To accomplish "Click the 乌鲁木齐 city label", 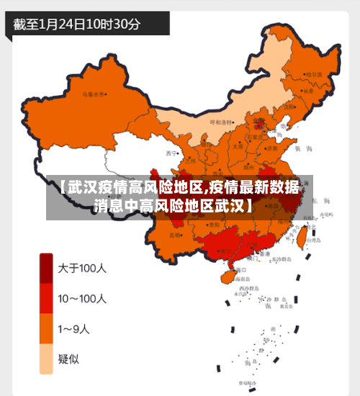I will point(93,94).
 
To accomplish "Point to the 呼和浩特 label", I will point(222,122).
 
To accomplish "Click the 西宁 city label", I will point(171,153).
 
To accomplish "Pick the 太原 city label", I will point(238,146).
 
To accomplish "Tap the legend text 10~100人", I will point(82,298).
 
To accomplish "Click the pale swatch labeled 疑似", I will point(46,359).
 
